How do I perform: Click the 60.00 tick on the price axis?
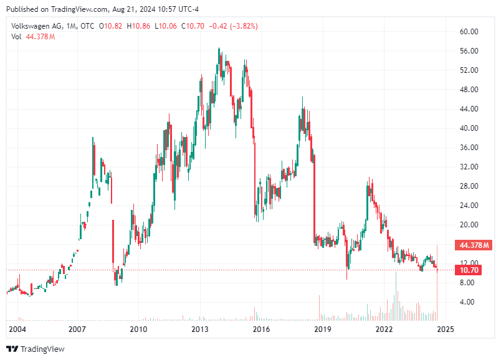[469, 32]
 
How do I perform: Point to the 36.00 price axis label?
[469, 148]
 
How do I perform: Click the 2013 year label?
[199, 329]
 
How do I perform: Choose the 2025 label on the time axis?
[444, 329]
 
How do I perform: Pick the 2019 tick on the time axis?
[322, 329]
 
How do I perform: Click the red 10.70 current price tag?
[469, 270]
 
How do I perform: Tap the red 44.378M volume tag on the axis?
[474, 244]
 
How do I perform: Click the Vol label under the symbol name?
[16, 37]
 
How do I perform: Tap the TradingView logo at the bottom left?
[36, 349]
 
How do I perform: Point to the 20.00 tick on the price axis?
[469, 225]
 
